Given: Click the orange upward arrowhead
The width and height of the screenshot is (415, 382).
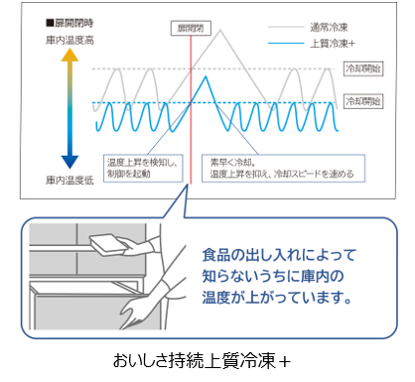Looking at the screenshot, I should click(x=69, y=58).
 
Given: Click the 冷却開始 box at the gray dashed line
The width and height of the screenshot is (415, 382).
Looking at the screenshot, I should click(x=362, y=68).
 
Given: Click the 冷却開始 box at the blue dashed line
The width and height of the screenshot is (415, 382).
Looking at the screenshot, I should click(x=362, y=101).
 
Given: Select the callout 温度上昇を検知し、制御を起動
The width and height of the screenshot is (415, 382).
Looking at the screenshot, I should click(x=143, y=166).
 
